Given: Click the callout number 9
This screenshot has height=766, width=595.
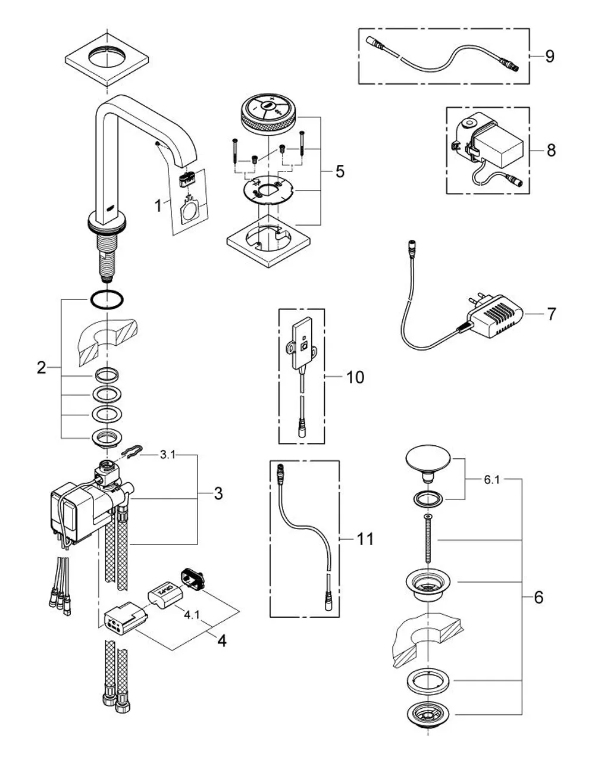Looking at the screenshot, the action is click(x=549, y=57).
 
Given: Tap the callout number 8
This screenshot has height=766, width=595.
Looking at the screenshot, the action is click(x=551, y=150).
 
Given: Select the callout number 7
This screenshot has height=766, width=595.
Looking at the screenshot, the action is click(x=552, y=314).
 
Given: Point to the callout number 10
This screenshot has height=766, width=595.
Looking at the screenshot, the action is click(x=355, y=377).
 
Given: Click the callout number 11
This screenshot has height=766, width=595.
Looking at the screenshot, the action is click(x=365, y=539).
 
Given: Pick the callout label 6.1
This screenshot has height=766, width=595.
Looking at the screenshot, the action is click(x=492, y=479).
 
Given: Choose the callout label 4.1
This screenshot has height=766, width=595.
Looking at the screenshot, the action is click(x=192, y=615).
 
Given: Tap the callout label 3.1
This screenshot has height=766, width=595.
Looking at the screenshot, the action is click(x=168, y=455).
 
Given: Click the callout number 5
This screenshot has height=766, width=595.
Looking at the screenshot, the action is click(x=340, y=171).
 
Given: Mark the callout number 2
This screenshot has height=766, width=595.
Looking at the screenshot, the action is click(x=42, y=368).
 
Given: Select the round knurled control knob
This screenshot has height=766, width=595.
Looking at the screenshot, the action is click(x=271, y=113).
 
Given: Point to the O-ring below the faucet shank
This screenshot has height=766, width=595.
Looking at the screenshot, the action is click(x=107, y=300).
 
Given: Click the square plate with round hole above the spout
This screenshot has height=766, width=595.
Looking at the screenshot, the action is click(x=107, y=60).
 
